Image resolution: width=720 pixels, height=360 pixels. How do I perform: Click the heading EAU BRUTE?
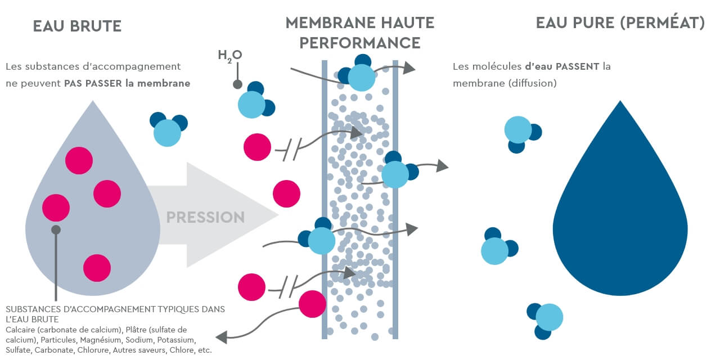(77, 26)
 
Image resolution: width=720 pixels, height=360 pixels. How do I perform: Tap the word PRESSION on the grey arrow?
(205, 217)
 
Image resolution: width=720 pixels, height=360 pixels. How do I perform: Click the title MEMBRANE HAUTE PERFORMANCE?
(360, 33)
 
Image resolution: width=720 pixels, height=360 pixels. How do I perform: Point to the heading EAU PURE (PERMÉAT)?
(620, 23)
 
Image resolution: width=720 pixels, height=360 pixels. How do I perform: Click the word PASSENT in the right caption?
(578, 66)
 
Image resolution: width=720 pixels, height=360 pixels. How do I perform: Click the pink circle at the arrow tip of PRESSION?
(287, 194)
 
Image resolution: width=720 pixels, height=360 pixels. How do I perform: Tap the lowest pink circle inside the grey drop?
(97, 268)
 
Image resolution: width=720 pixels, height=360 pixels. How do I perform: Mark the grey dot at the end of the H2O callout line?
(237, 85)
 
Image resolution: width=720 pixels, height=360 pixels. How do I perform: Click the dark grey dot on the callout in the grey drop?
(56, 229)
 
